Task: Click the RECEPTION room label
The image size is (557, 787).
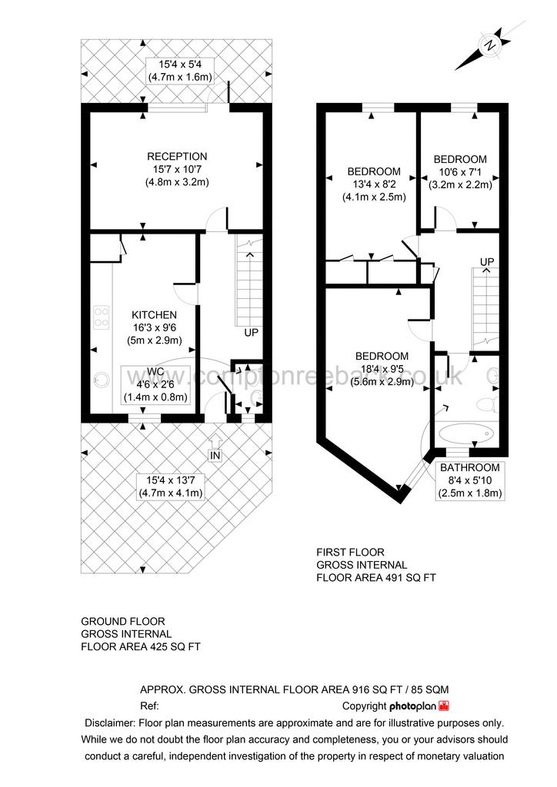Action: pos(177,156)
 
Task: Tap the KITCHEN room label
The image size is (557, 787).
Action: pos(154,314)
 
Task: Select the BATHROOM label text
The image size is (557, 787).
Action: pos(469,467)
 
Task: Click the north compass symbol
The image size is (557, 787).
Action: pos(489,45)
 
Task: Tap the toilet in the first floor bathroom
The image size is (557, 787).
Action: pos(485,404)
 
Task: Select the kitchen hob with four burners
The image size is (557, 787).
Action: pos(102,317)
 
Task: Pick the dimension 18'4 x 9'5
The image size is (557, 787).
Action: pos(382,369)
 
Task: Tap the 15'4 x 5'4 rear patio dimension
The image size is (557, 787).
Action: pos(180,64)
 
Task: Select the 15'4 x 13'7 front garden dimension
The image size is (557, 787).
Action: pos(169,480)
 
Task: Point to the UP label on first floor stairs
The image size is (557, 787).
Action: pos(486,262)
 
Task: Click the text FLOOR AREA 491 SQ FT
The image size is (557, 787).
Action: pos(376,577)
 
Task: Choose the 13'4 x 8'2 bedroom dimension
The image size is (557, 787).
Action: pos(374,184)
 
